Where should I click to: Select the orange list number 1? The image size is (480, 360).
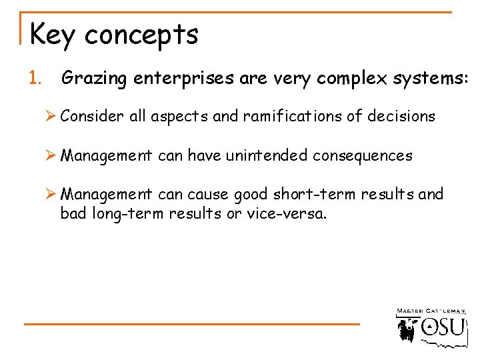point(35,79)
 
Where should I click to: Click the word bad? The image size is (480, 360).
point(73,215)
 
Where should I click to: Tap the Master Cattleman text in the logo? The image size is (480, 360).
point(431,311)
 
